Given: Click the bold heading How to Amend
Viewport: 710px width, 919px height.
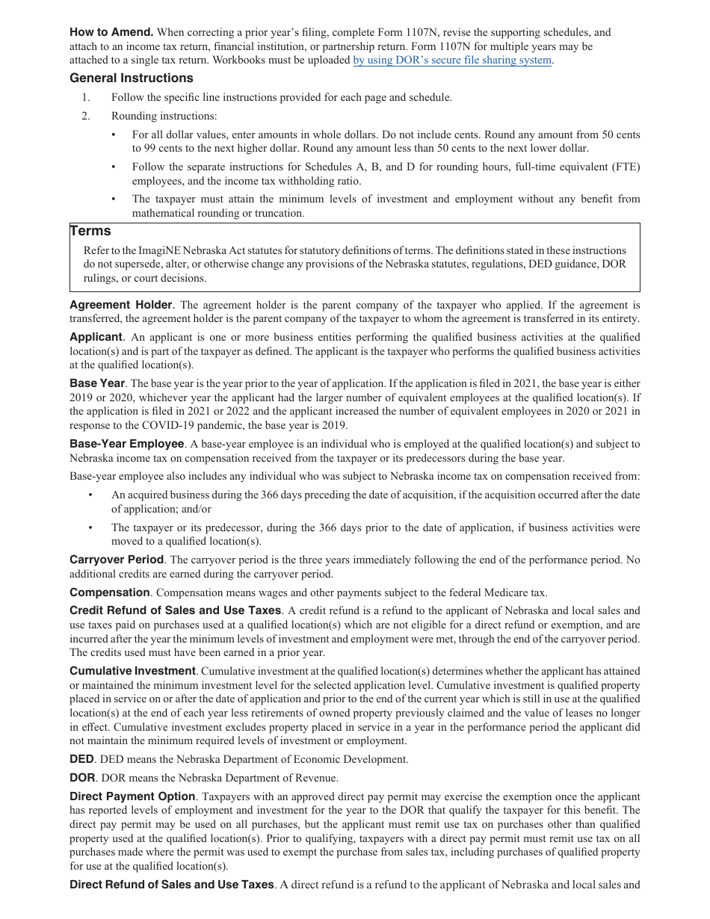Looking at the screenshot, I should tap(111, 32).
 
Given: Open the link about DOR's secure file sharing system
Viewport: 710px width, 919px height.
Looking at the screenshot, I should tap(452, 61).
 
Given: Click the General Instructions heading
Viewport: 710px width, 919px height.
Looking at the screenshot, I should tap(131, 78).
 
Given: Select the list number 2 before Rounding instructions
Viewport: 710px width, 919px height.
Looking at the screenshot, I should tap(86, 116).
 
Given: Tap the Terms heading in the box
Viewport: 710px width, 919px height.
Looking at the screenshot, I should tap(90, 232).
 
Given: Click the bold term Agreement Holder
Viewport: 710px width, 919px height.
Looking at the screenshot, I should tap(120, 305).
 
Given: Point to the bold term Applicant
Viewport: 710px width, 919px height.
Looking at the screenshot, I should tap(96, 337).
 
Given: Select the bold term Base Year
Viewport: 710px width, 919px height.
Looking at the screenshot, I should tap(97, 383).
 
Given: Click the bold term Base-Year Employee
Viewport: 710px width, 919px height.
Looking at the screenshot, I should tap(126, 444).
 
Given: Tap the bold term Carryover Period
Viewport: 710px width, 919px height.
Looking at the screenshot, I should tap(116, 560).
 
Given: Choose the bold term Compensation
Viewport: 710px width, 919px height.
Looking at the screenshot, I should tap(110, 592).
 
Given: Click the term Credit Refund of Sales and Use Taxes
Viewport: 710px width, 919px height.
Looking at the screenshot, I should tap(176, 610).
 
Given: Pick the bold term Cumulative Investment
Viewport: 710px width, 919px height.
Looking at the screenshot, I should tap(132, 671).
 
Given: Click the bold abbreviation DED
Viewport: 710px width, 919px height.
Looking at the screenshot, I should tap(81, 759).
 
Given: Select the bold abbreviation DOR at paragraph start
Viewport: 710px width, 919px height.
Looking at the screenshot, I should tap(82, 778).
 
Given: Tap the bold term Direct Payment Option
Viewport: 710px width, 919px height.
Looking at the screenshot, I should tap(132, 796).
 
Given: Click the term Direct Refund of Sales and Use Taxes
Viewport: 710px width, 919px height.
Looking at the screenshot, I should tap(171, 885).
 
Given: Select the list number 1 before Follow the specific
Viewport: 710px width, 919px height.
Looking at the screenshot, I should tap(86, 97).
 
